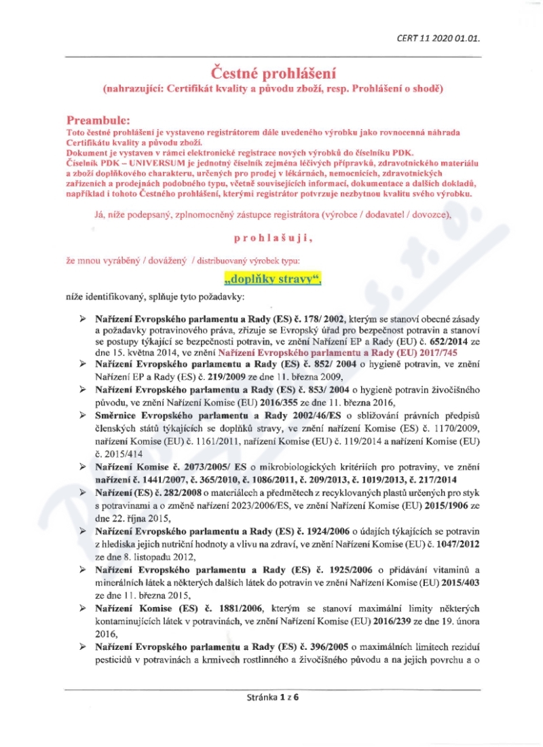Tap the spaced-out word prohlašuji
272,238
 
